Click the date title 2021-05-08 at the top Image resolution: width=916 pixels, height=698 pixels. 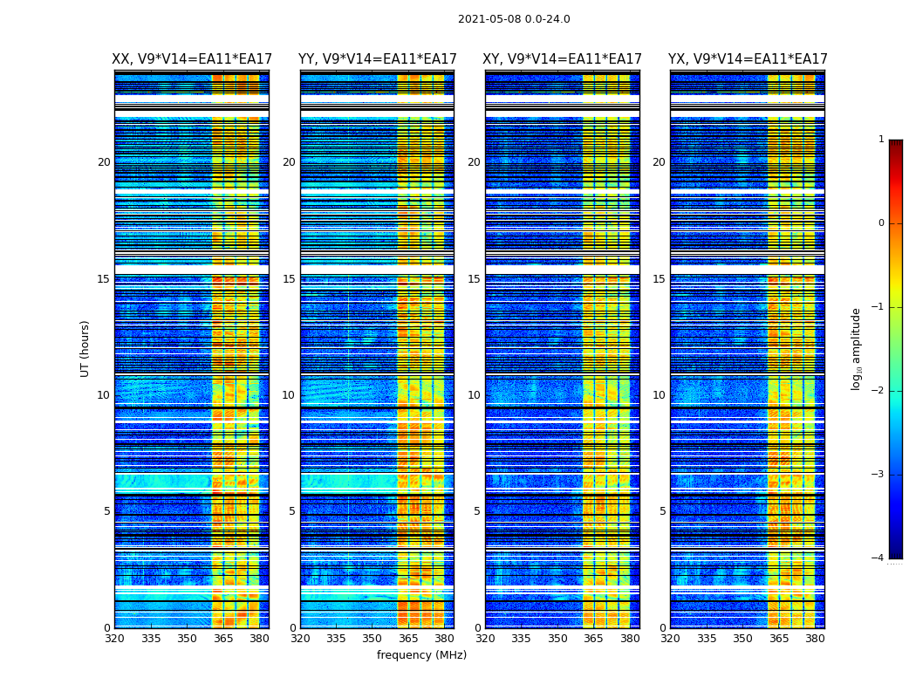coord(514,19)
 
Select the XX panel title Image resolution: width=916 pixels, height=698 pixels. coord(192,59)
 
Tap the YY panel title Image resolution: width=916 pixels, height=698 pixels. coord(377,59)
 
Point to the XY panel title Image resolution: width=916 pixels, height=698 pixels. coord(563,59)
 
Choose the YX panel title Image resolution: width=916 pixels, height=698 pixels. coord(748,59)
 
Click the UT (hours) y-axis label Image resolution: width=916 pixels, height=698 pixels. coord(85,348)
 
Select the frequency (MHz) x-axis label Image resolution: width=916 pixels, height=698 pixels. coord(421,655)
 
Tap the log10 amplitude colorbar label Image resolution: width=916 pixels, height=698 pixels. coord(857,348)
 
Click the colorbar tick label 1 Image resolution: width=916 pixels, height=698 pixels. coord(881,140)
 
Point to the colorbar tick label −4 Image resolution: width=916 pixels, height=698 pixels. coord(878,558)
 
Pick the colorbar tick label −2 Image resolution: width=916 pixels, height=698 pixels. coord(878,391)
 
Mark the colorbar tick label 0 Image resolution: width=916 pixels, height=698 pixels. coord(881,223)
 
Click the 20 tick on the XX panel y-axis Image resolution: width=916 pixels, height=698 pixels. coord(104,162)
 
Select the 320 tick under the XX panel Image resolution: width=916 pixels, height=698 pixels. coord(114,639)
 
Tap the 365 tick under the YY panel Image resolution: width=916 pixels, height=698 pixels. coord(408,639)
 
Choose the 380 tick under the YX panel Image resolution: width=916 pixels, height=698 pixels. coord(815,639)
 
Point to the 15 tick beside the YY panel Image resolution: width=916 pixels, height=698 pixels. coord(289,279)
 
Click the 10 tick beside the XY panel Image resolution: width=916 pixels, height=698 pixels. coord(474,395)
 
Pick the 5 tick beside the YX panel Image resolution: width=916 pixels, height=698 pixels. coord(662,511)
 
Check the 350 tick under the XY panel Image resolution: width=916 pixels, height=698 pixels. coord(557,639)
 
